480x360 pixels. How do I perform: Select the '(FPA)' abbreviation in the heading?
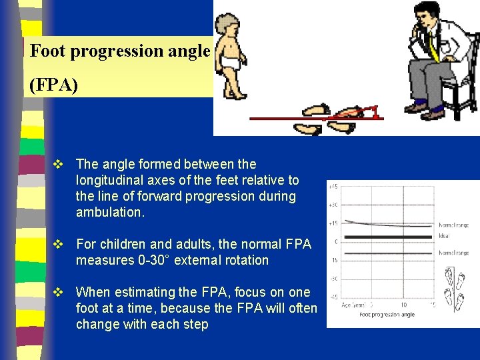tap(53, 86)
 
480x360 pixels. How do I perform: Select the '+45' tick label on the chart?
tap(333, 186)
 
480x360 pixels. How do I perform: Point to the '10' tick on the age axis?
tap(404, 305)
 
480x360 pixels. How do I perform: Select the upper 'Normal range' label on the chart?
tap(453, 225)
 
